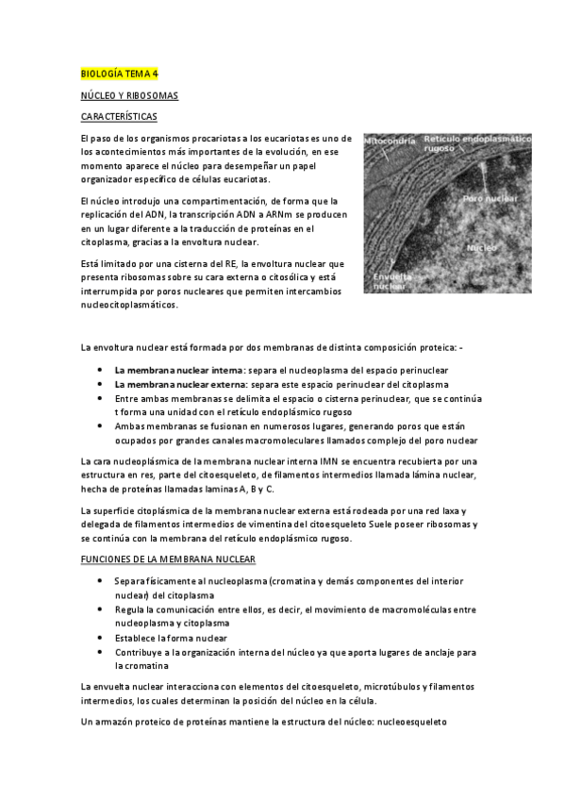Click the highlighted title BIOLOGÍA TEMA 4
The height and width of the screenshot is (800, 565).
click(x=119, y=74)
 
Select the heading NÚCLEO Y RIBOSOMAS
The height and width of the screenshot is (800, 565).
click(x=128, y=95)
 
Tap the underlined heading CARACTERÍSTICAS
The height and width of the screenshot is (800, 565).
click(x=120, y=117)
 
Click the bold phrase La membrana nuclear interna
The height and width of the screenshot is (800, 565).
click(x=178, y=371)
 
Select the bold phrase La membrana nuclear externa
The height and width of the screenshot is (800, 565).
click(x=178, y=385)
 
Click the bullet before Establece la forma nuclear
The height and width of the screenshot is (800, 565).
click(x=101, y=638)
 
